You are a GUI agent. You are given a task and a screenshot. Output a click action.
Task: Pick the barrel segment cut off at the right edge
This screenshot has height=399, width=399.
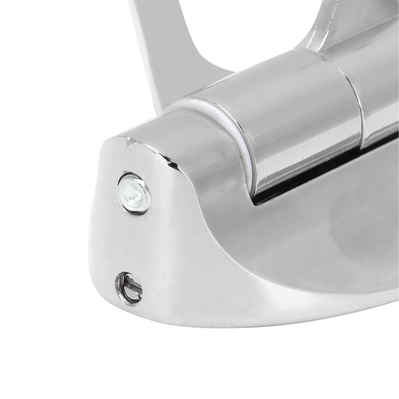click(x=380, y=90)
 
